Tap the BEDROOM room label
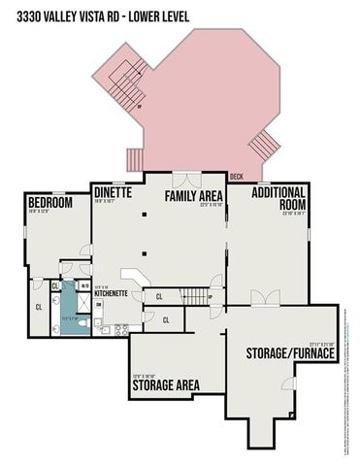pos(50,203)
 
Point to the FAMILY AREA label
pos(194,196)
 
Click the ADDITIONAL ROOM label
pos(279,198)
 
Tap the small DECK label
pos(236,177)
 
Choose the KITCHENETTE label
pos(112,293)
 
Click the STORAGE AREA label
pos(165,384)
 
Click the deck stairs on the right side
pos(263,146)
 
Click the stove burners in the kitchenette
pos(119,330)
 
